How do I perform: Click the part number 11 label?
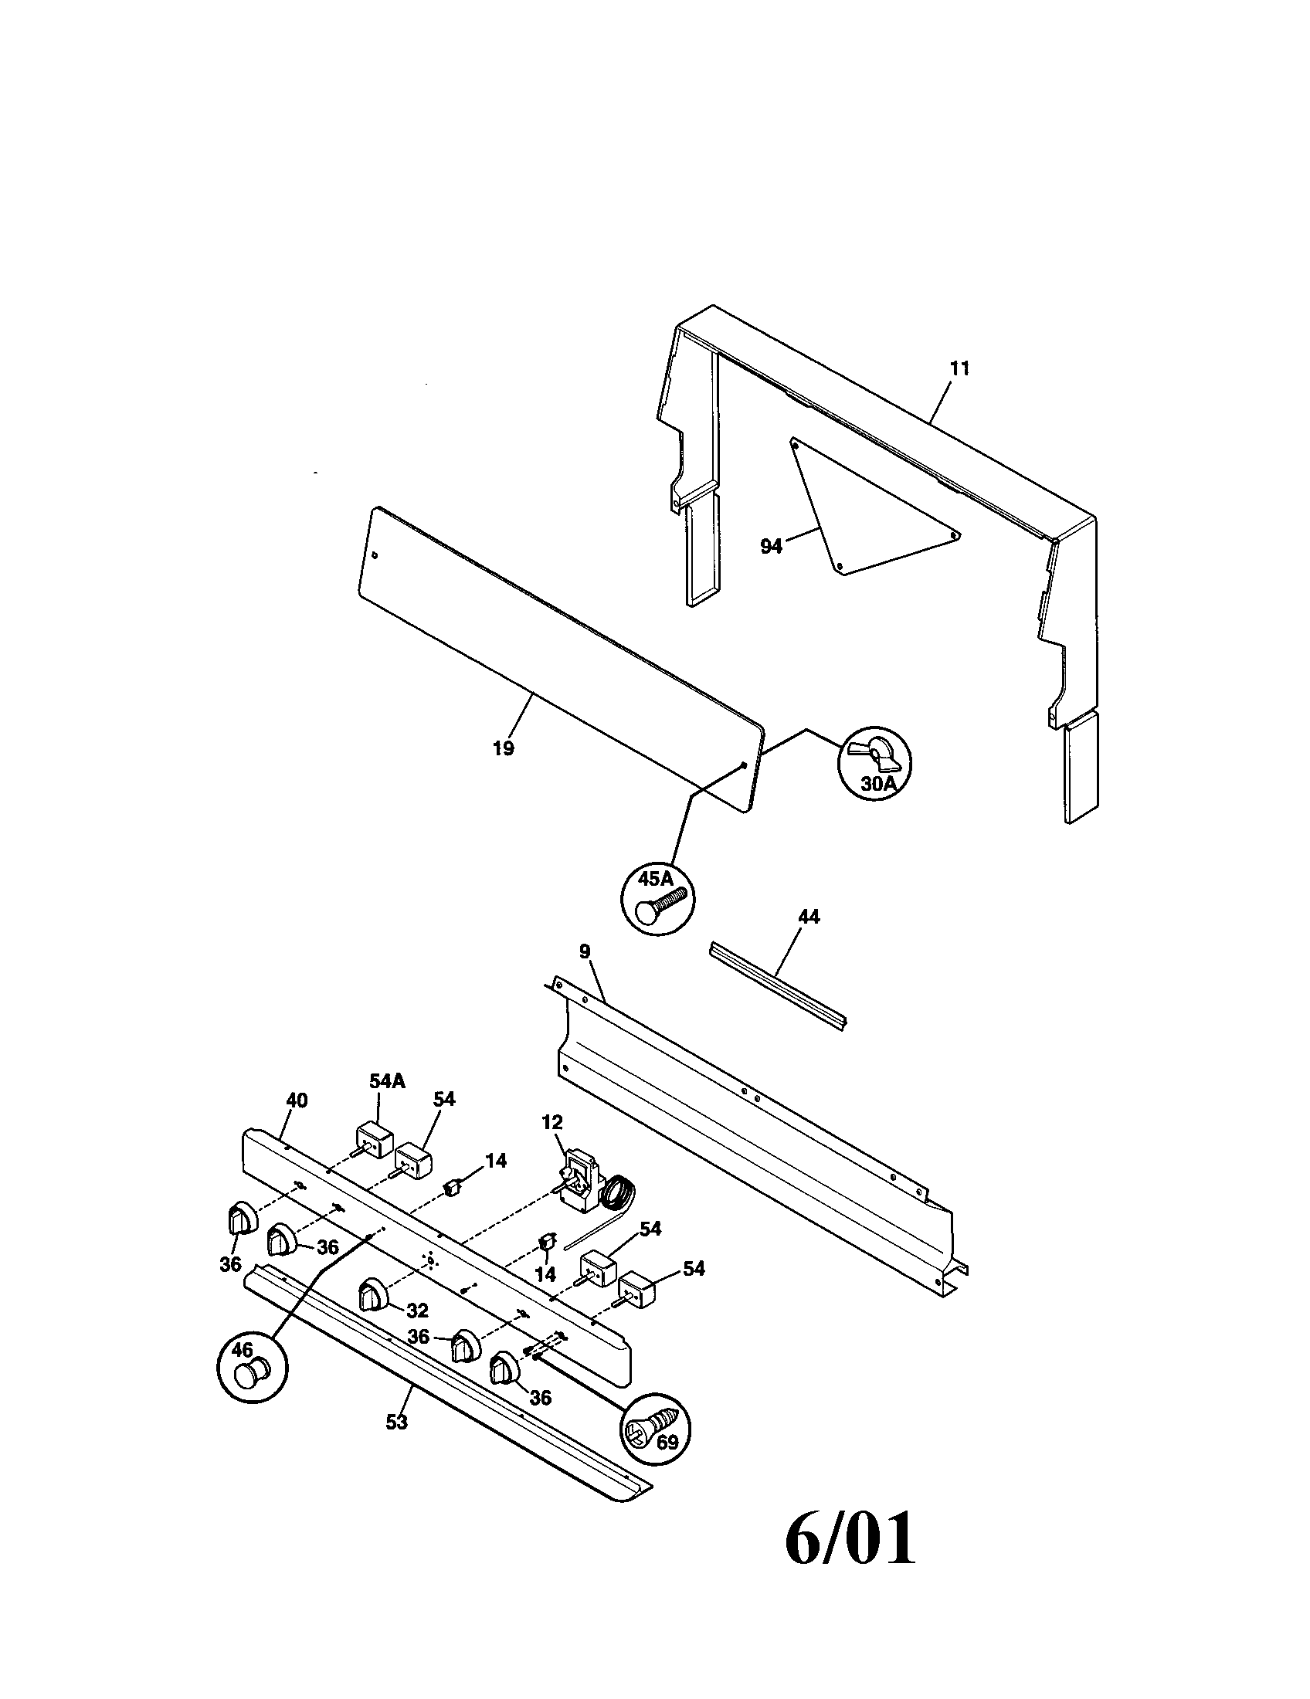pos(959,368)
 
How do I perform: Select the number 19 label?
pos(504,748)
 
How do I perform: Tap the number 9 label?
pos(584,951)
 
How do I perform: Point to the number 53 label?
pos(396,1422)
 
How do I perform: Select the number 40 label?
pos(297,1100)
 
